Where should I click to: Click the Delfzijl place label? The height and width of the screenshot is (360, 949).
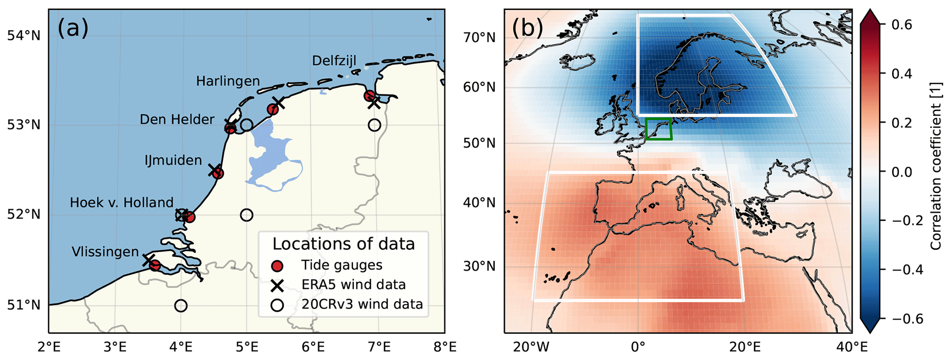334,61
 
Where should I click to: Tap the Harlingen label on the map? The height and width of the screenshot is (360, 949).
228,81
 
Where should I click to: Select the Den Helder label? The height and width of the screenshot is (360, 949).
177,119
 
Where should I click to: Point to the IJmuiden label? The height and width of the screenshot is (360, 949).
173,160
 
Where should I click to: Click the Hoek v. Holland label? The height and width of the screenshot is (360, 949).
122,202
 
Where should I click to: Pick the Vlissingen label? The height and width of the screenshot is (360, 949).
105,252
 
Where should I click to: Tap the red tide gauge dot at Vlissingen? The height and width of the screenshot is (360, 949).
155,265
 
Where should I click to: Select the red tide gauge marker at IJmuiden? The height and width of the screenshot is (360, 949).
218,173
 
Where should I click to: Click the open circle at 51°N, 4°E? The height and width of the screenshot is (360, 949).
181,306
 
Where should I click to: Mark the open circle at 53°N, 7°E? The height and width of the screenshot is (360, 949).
375,125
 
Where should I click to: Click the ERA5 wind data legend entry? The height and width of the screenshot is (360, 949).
353,285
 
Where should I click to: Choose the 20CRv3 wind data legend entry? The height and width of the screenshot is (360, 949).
362,304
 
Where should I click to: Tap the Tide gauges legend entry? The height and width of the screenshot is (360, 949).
342,265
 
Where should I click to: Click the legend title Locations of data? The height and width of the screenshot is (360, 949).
343,244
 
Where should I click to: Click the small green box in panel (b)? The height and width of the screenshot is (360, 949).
658,129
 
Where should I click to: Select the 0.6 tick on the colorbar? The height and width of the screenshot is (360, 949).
902,24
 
